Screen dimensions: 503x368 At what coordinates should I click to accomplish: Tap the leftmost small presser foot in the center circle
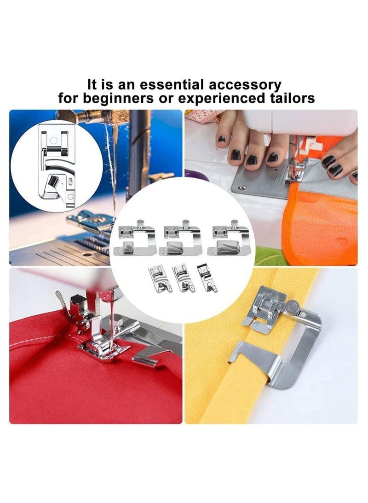(x=156, y=278)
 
